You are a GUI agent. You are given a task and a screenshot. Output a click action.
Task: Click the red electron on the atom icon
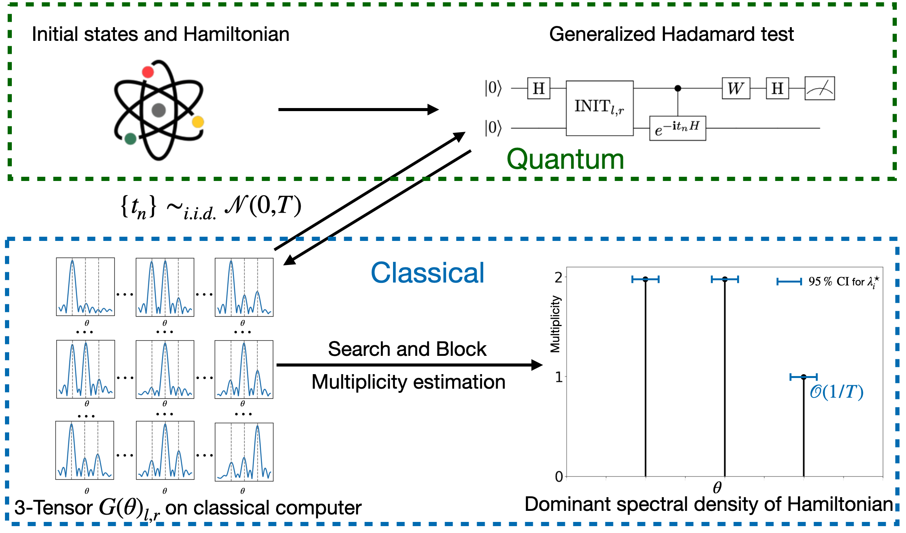[148, 72]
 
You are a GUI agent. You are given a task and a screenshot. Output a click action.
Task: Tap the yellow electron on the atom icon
[198, 122]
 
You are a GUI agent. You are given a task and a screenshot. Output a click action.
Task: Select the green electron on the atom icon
[131, 139]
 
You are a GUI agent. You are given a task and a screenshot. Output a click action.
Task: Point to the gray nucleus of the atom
[159, 110]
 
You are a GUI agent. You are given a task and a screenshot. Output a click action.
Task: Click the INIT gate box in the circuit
[599, 108]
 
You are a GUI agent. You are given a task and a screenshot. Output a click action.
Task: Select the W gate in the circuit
[736, 89]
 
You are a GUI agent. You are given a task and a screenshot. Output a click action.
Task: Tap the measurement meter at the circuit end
[819, 89]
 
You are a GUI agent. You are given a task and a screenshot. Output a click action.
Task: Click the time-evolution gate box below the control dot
[677, 128]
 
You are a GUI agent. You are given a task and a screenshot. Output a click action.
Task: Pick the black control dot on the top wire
[678, 88]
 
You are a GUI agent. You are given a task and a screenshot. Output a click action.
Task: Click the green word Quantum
[565, 159]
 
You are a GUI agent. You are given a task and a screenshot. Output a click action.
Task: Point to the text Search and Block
[407, 349]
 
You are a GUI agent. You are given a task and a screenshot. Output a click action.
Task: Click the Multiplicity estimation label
[408, 382]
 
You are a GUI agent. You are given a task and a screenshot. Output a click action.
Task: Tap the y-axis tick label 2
[558, 278]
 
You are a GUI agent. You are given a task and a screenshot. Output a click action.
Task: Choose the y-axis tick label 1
[558, 377]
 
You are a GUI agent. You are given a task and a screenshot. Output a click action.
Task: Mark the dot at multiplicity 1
[804, 377]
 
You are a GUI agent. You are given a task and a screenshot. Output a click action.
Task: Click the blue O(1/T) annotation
[836, 392]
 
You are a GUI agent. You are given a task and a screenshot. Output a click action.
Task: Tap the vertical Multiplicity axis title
[555, 324]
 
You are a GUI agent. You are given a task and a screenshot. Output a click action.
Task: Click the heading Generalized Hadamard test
[671, 34]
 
